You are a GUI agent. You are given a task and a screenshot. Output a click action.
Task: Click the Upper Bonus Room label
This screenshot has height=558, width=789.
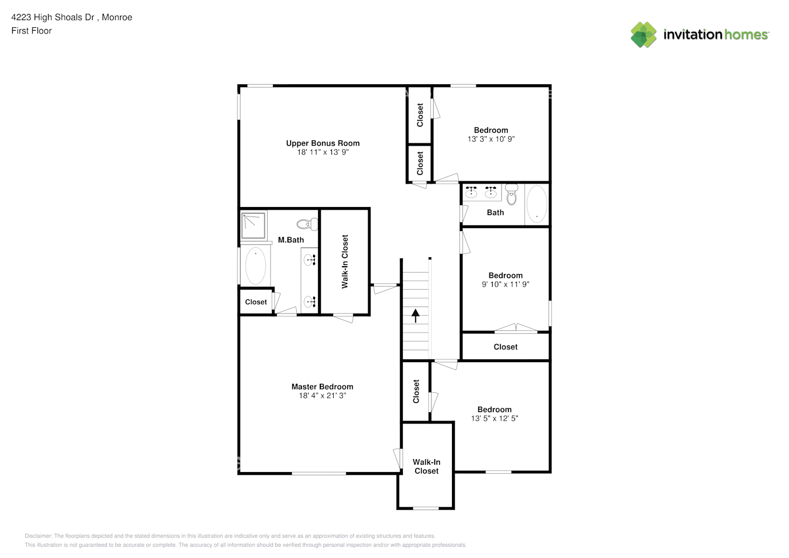(x=323, y=143)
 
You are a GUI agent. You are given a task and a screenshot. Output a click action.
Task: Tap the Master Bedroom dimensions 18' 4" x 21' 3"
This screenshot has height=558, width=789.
(x=322, y=396)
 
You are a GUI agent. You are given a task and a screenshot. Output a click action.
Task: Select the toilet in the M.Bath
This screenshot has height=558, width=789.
(x=306, y=224)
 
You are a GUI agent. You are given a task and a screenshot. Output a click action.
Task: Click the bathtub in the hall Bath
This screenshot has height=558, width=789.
(x=537, y=204)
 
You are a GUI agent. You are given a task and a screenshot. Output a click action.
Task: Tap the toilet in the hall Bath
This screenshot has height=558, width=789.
(x=511, y=195)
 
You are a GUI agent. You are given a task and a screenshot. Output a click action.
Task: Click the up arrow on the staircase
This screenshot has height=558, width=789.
(x=416, y=316)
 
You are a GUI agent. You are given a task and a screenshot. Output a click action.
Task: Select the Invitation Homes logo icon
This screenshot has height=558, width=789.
(x=643, y=35)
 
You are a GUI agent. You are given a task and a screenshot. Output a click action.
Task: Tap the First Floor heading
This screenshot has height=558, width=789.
(x=31, y=31)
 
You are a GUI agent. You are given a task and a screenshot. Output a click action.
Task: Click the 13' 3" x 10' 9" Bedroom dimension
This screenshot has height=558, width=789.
(x=491, y=139)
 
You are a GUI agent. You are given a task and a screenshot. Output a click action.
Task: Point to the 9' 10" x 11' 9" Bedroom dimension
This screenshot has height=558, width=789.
(x=506, y=284)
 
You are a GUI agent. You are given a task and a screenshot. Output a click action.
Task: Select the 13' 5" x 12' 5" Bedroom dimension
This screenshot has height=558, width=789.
(x=494, y=419)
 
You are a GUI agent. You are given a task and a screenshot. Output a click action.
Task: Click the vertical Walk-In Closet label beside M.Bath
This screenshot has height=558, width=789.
(x=345, y=261)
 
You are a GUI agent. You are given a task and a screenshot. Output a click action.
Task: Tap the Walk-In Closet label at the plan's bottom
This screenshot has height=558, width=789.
(x=426, y=466)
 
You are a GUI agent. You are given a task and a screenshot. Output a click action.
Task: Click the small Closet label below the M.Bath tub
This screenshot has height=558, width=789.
(x=256, y=302)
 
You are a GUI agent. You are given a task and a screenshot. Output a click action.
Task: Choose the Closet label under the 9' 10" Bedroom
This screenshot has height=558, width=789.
(x=506, y=347)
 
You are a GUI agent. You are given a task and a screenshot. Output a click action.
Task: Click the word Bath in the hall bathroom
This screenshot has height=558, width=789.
(x=495, y=213)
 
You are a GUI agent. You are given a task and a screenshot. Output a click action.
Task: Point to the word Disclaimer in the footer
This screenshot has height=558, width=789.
(x=38, y=536)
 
